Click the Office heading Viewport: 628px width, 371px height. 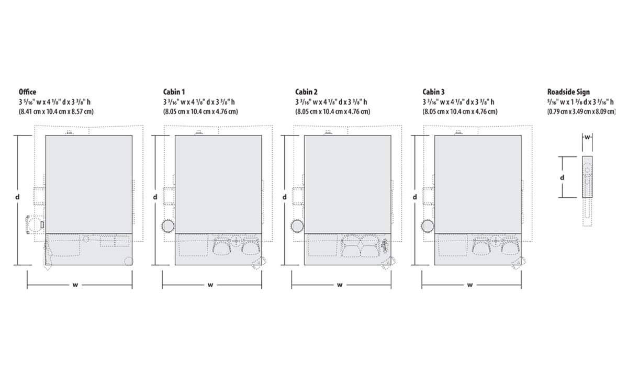tap(27, 92)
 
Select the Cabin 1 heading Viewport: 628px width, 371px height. tap(174, 92)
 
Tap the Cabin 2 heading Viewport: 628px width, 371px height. tap(306, 92)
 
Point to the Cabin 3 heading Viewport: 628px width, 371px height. tap(434, 92)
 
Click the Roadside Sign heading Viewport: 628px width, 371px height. tap(568, 92)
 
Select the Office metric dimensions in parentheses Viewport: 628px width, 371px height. tap(56, 111)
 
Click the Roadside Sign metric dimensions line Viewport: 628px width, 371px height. tap(581, 111)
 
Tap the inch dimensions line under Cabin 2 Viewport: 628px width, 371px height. tap(331, 102)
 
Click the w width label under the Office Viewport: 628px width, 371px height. tap(75, 285)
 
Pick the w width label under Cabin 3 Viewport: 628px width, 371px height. tap(470, 285)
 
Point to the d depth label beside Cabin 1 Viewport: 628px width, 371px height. tap(155, 197)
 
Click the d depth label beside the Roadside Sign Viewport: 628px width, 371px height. tap(562, 178)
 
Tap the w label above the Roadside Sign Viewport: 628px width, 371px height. tap(587, 138)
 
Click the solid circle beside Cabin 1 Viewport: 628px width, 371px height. tap(168, 226)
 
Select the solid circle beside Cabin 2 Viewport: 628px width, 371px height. tap(297, 226)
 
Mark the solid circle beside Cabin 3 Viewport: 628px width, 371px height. tap(427, 226)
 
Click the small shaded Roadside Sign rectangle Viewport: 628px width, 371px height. tap(587, 177)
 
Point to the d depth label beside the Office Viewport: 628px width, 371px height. tap(17, 197)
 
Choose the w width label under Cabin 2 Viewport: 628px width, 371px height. tap(340, 285)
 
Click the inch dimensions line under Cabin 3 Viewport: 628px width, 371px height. tap(458, 102)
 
